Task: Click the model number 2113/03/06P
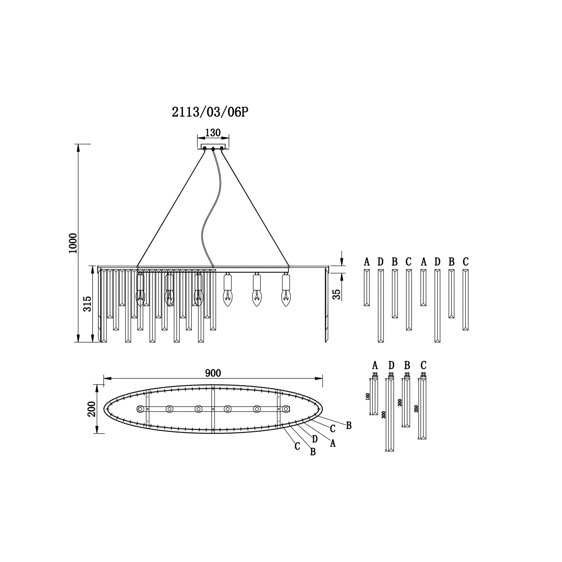click(x=210, y=112)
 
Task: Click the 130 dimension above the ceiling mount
click(x=213, y=133)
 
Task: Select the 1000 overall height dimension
click(x=73, y=243)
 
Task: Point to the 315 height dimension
click(x=87, y=304)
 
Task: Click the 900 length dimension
click(x=213, y=373)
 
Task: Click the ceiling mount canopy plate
click(x=213, y=146)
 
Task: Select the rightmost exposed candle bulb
click(x=286, y=290)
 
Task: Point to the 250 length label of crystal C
click(x=416, y=409)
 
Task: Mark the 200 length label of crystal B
click(x=400, y=402)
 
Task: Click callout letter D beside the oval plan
click(x=315, y=439)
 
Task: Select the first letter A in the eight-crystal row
click(x=367, y=262)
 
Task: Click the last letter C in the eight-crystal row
click(x=465, y=262)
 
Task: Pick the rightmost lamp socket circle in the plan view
click(x=286, y=409)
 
